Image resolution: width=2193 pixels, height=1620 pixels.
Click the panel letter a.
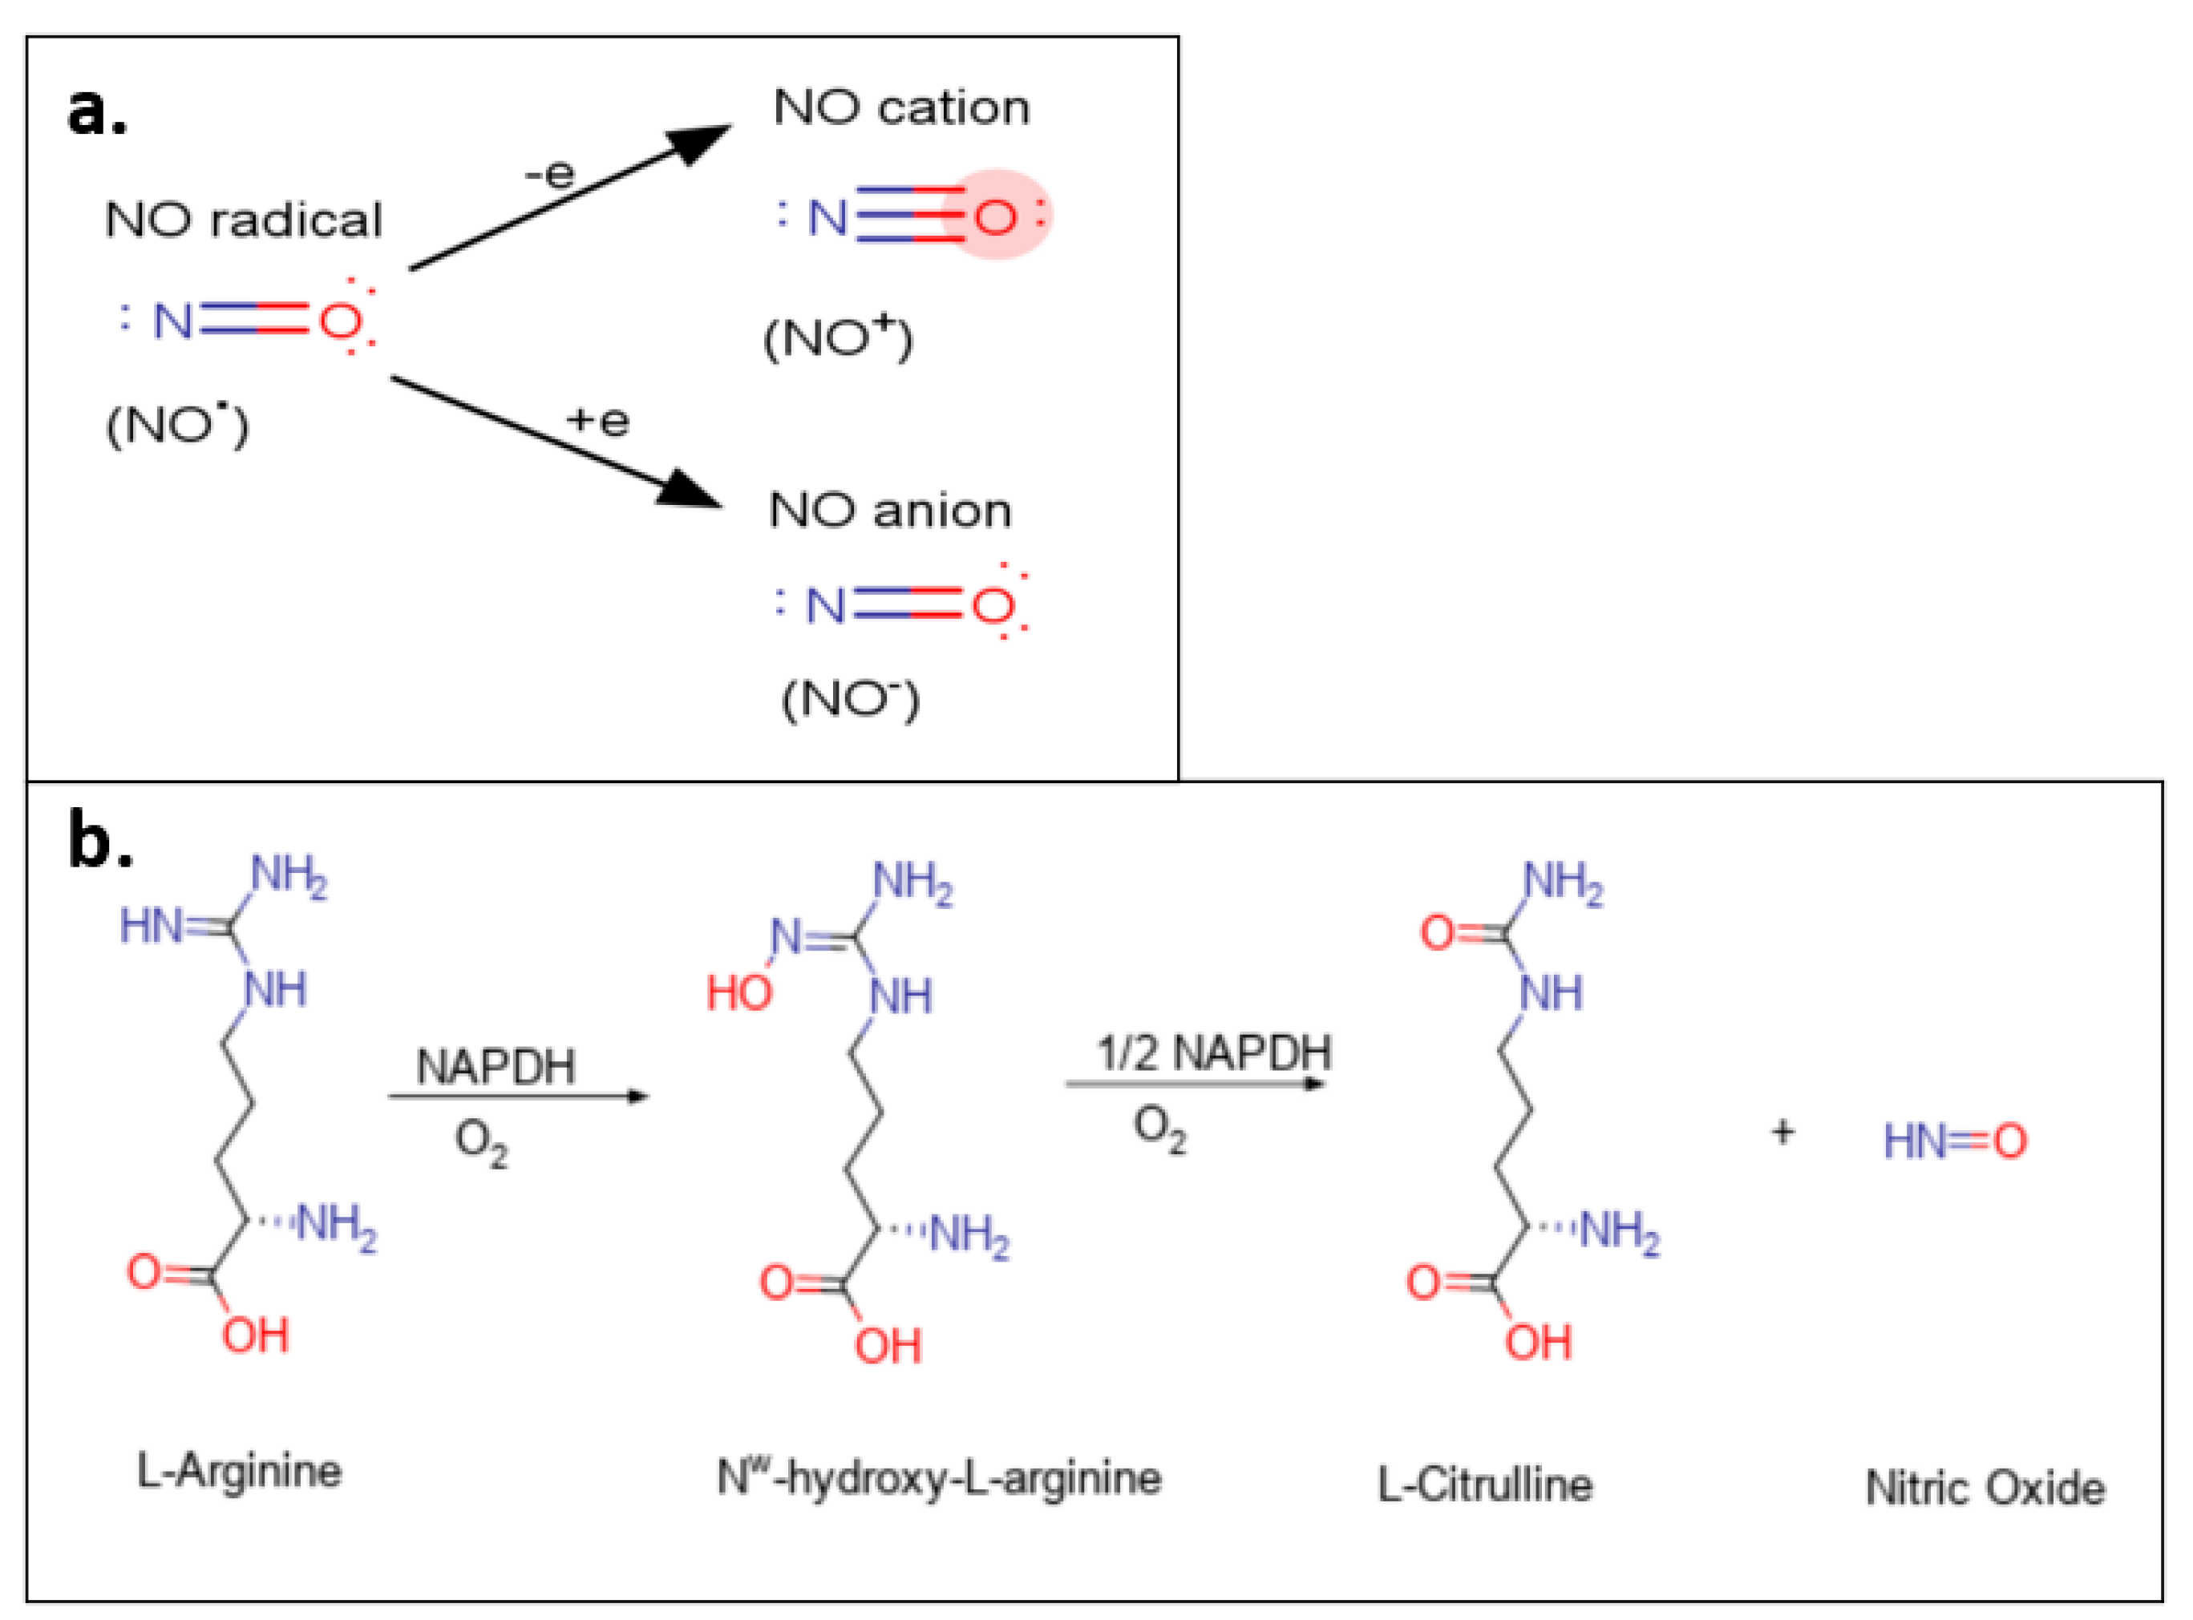96,111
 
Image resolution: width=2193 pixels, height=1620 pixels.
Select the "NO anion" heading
888,510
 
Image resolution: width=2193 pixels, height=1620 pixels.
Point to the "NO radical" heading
242,220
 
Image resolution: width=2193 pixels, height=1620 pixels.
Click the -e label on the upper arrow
550,175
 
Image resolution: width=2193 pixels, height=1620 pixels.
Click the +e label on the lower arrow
597,421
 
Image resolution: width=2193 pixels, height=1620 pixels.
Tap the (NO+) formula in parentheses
838,338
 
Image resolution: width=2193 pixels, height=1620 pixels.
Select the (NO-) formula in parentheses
849,698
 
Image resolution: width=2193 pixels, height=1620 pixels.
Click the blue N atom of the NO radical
172,321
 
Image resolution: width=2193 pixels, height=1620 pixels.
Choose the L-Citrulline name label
1484,1485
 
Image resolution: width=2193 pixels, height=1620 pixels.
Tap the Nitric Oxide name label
1984,1489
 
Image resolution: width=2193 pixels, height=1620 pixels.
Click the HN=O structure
1954,1141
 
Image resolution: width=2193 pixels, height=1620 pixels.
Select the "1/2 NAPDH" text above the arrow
1213,1053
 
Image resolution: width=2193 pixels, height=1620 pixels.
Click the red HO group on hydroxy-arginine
738,993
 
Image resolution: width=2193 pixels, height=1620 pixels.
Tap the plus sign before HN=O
1782,1133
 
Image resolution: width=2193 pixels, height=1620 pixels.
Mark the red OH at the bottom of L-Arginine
255,1335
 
